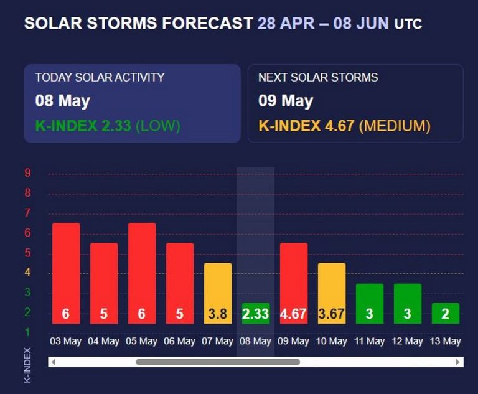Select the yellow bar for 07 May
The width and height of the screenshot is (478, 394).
218,293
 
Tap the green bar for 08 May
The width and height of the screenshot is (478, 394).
255,313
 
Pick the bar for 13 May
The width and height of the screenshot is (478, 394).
446,313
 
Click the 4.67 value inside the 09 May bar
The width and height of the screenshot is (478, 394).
293,314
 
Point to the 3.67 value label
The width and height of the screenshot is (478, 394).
332,314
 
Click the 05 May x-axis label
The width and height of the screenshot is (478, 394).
141,341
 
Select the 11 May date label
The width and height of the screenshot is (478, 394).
370,341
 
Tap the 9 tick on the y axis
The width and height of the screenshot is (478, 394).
27,173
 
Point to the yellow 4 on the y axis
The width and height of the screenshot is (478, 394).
27,273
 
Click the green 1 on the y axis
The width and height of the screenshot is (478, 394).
27,332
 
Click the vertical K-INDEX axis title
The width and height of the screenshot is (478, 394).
27,364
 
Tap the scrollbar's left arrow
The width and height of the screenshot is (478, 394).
53,362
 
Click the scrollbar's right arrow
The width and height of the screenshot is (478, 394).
459,362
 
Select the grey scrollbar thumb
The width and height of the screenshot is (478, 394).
218,362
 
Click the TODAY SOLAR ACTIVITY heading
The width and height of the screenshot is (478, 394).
100,78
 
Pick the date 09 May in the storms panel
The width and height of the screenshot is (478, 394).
286,101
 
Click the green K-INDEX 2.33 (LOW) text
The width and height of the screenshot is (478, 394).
107,126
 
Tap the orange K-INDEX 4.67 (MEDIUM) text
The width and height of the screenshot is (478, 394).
344,126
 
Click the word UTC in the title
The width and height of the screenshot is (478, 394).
408,25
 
